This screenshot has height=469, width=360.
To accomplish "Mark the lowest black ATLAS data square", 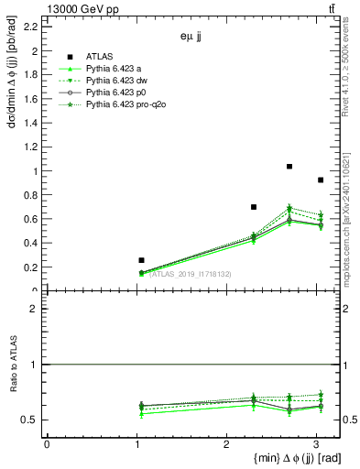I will (141, 260).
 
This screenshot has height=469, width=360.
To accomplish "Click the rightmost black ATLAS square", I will (321, 180).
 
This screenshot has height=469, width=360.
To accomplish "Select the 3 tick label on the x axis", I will (315, 444).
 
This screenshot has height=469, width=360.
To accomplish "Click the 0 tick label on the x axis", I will (47, 444).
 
